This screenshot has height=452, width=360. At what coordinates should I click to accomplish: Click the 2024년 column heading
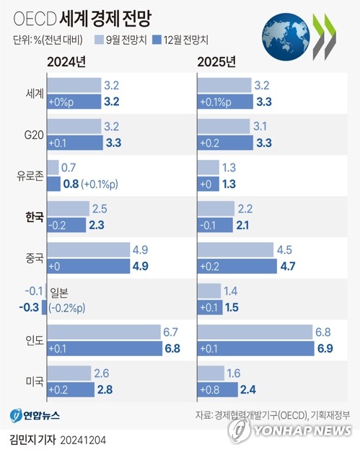coord(68,61)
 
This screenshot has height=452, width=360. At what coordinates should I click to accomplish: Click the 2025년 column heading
coord(216,61)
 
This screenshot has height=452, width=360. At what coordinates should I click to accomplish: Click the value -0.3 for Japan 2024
coord(32,306)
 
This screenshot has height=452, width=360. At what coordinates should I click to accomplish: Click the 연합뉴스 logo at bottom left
coord(35,417)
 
